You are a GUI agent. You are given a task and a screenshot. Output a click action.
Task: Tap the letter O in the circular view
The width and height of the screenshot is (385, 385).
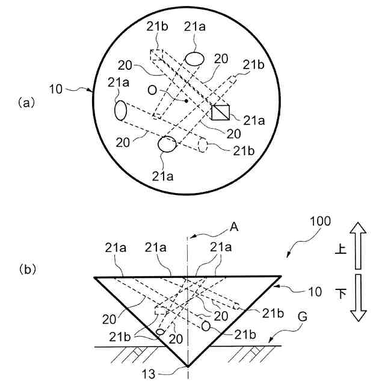(x=153, y=90)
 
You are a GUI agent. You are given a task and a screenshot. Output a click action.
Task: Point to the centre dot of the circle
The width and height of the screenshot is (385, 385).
(x=186, y=101)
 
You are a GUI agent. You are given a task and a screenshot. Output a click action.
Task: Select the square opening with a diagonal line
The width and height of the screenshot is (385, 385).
(x=220, y=112)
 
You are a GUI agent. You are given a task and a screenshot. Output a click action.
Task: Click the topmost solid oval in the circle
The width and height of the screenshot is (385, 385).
(x=195, y=58)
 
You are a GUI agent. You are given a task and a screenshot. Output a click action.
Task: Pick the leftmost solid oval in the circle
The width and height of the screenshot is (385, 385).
(x=120, y=111)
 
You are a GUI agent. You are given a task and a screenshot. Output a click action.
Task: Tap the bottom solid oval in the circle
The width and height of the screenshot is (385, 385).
(x=167, y=144)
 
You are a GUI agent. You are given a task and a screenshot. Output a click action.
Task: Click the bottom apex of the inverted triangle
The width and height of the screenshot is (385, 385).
(x=188, y=366)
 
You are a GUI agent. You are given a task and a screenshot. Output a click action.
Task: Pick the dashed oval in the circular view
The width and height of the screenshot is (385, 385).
(x=203, y=146)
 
